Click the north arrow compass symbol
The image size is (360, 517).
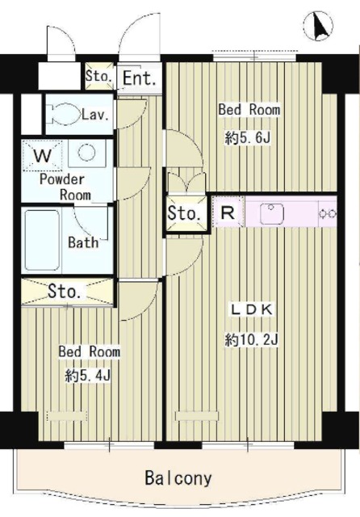point(318,26)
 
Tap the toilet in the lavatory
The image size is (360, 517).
point(64,114)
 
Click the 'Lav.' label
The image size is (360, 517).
point(95,115)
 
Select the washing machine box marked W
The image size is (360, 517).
point(42,156)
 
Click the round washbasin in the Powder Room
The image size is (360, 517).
point(86,153)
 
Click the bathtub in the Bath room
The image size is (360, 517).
point(41,239)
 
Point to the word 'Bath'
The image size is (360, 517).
point(84,242)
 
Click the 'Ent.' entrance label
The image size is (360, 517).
point(139,78)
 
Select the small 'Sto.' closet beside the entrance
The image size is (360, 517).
point(98,76)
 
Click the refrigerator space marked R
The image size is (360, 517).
point(228,212)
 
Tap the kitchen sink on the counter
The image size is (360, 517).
point(272,213)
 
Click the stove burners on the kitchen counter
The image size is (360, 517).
point(328,213)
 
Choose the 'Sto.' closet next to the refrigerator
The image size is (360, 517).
point(186,213)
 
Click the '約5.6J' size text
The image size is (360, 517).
point(248,137)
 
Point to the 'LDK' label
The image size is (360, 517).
point(253,309)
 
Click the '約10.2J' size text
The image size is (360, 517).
point(253,339)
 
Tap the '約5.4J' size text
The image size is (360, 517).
point(88,375)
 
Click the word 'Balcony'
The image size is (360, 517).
point(178,478)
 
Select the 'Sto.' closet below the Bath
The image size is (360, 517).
point(67,292)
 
